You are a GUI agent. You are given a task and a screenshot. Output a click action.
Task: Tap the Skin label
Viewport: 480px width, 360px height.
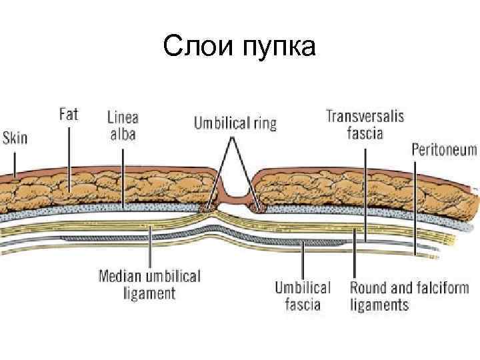15,139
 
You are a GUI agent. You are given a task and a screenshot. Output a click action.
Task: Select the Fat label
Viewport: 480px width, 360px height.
68,114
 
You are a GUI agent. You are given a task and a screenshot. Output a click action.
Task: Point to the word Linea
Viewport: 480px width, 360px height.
123,117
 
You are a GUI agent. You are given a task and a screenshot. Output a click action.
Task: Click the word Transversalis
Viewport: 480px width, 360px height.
364,116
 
